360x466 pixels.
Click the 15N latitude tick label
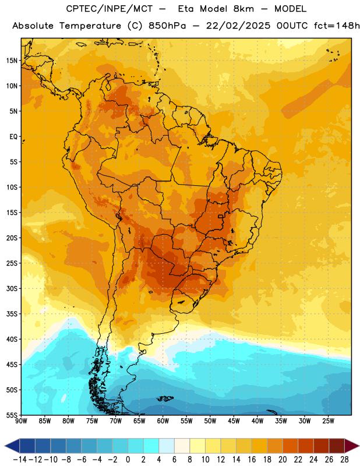coord(12,61)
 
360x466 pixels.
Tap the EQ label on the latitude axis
coord(13,137)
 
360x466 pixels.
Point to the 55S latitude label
coord(12,415)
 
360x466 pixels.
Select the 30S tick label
coord(12,288)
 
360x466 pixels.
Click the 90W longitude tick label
coord(21,421)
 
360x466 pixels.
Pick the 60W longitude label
coord(163,421)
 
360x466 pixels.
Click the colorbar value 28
coord(344,460)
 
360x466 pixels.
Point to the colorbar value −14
coord(20,460)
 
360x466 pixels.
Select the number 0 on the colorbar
coord(128,460)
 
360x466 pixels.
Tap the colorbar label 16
coord(252,460)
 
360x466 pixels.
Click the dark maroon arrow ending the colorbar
coord(351,446)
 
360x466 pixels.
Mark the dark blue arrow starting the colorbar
coord(12,446)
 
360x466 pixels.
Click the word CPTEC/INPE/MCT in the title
coord(110,9)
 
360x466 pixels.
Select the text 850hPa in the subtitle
coord(167,26)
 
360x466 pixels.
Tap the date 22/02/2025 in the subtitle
coord(238,26)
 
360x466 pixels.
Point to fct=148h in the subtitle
coord(337,26)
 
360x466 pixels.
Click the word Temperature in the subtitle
coord(90,26)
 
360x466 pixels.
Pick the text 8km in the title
coord(243,9)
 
